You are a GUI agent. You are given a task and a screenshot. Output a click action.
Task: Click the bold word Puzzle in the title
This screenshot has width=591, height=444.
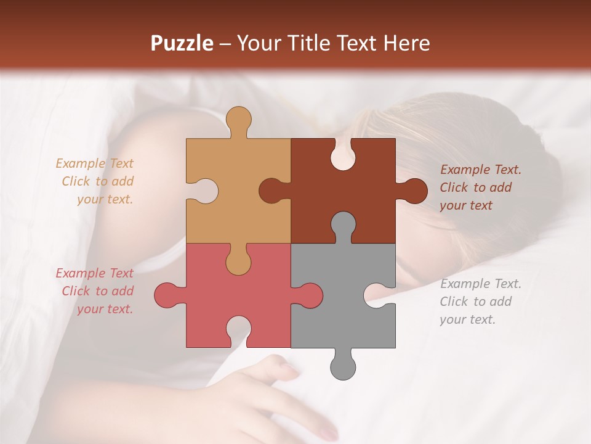coord(182,43)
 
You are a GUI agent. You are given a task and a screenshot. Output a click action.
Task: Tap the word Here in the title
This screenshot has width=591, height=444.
coord(406,43)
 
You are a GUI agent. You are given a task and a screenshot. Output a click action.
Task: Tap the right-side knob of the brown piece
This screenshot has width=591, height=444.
coord(414,191)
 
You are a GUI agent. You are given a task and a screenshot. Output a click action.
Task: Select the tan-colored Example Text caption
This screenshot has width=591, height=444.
coord(96,181)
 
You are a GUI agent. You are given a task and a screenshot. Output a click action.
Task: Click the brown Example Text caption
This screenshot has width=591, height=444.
coord(480,187)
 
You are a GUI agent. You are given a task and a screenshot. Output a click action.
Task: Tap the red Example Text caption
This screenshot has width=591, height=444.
coord(95,291)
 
